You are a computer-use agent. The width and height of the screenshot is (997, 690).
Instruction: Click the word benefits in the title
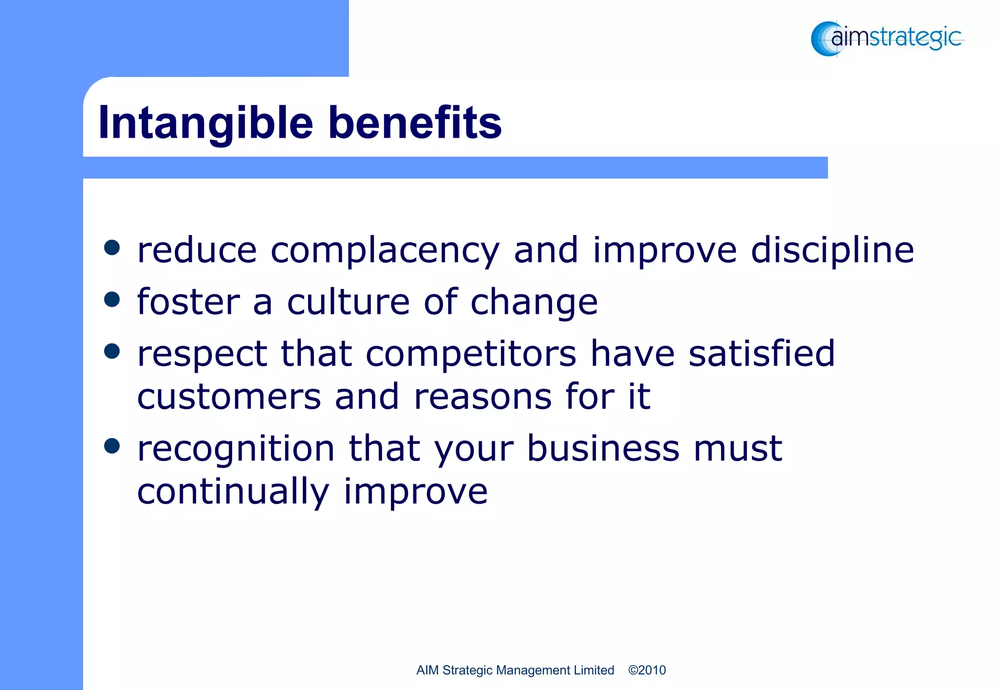click(x=415, y=123)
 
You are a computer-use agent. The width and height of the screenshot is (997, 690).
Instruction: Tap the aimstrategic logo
click(x=887, y=38)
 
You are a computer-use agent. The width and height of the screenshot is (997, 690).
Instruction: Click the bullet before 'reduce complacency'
click(x=112, y=248)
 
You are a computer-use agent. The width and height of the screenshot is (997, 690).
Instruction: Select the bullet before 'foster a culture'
click(x=112, y=299)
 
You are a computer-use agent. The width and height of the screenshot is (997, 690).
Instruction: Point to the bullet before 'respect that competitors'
click(x=112, y=351)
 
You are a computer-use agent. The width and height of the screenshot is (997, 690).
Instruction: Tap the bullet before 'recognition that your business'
click(x=112, y=446)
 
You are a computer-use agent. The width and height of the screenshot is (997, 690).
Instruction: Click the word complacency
click(x=385, y=251)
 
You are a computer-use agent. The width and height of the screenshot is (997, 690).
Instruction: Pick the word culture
click(x=348, y=302)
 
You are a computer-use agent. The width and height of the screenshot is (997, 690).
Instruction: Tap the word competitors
click(x=471, y=354)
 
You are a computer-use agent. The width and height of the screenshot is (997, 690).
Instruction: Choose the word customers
click(x=229, y=397)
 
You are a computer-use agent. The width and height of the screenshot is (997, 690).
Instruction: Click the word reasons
click(x=483, y=397)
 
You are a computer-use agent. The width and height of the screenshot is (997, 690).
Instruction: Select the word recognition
click(x=236, y=450)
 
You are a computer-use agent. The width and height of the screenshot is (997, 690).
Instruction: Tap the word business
click(x=603, y=449)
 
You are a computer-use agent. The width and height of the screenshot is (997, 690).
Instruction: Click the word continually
click(x=233, y=492)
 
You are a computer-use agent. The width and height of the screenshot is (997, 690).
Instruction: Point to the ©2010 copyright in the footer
click(x=646, y=670)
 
